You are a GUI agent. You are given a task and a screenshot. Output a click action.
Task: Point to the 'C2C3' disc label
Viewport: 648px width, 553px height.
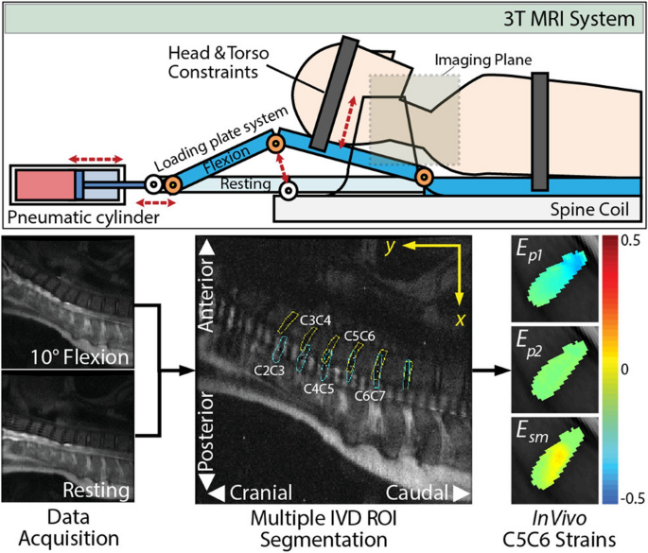pyautogui.click(x=271, y=372)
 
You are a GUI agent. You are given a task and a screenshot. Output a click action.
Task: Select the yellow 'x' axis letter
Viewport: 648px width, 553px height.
pyautogui.click(x=461, y=319)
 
